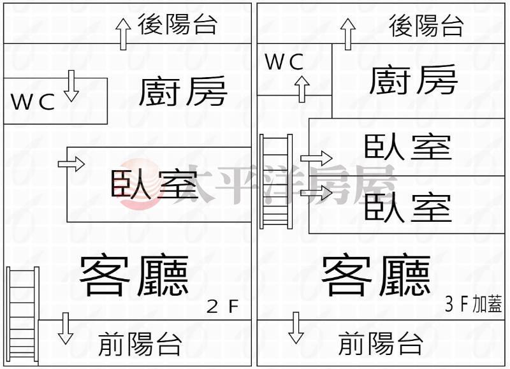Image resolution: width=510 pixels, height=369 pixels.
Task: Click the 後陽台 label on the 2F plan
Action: [x=178, y=24]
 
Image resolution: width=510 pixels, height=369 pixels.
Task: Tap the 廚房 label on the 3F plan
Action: [x=413, y=79]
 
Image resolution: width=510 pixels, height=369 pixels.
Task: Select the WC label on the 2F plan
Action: [x=33, y=103]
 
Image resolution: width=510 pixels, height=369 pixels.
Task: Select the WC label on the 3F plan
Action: [x=284, y=62]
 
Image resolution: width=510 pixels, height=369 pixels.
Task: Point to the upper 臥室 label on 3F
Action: [x=408, y=147]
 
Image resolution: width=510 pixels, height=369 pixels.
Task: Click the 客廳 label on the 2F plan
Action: [x=134, y=277]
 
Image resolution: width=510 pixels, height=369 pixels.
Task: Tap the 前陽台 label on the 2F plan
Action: [x=140, y=345]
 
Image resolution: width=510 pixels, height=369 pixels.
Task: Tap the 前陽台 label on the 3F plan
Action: [x=381, y=345]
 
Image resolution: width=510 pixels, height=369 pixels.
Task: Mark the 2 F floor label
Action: [x=222, y=307]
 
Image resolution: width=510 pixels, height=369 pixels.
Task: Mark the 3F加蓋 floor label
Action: [x=474, y=305]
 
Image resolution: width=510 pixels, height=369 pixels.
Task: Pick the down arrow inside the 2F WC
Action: [x=71, y=86]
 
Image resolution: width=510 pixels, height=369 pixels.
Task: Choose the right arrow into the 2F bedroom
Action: [x=71, y=164]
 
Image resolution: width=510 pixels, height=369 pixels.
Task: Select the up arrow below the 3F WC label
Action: [x=302, y=89]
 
